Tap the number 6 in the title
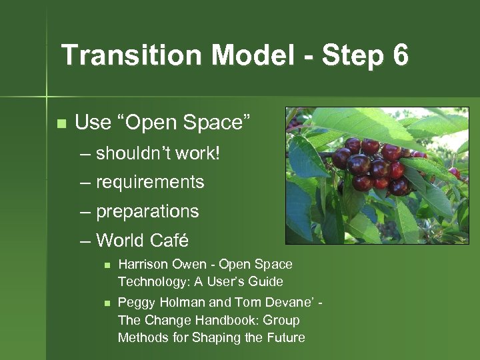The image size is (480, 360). (x=400, y=55)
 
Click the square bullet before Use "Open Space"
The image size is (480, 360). (x=61, y=123)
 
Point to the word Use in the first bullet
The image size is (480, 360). (x=93, y=123)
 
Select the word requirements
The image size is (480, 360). (x=150, y=182)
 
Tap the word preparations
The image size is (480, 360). (x=147, y=212)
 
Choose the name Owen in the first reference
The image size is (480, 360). (x=189, y=264)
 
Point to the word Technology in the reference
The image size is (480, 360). (x=151, y=281)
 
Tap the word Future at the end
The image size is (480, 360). (x=284, y=337)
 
